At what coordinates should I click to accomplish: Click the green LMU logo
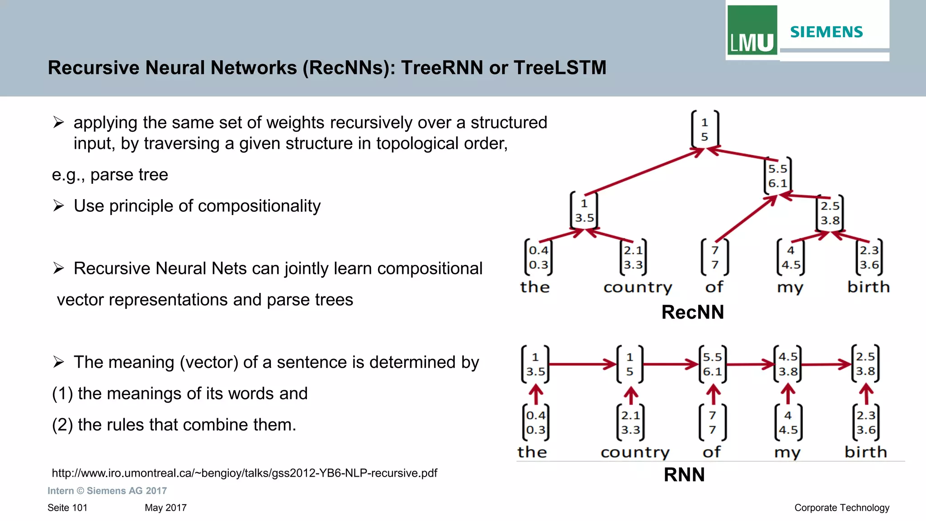[752, 31]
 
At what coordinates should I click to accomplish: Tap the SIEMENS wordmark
[827, 32]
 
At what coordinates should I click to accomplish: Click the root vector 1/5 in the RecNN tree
[704, 129]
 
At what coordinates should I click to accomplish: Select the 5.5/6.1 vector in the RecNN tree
[777, 176]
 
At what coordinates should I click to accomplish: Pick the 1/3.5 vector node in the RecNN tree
[584, 210]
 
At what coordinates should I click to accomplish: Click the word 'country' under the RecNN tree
[638, 287]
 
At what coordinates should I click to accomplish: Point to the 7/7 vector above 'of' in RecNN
[714, 257]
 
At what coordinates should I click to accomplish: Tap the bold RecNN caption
[692, 312]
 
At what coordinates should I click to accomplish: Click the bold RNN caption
[684, 475]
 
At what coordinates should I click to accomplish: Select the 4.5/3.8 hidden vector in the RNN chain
[788, 364]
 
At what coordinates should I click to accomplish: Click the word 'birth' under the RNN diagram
[865, 452]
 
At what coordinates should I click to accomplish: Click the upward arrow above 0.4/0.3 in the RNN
[536, 394]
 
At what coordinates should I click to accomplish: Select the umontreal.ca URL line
[244, 473]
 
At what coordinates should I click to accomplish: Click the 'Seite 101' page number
[67, 508]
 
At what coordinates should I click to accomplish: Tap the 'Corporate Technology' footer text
[841, 508]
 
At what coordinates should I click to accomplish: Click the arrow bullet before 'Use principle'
[58, 206]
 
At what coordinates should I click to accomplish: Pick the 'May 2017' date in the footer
[165, 508]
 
